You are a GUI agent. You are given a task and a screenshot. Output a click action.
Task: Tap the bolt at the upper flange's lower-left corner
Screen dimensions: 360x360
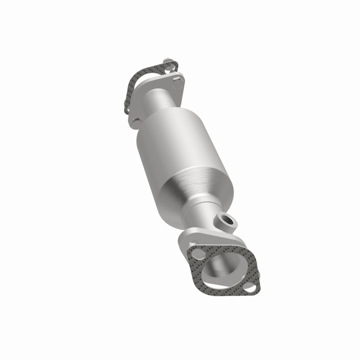pos(136,121)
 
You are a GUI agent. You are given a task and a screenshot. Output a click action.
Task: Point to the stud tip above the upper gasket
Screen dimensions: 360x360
pos(168,60)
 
